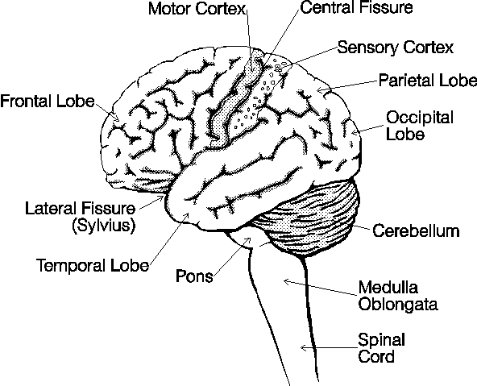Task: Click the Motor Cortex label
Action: point(197,9)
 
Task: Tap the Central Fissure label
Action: point(356,7)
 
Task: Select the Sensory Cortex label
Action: point(396,48)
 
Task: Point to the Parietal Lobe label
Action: point(428,81)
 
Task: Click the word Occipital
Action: point(420,118)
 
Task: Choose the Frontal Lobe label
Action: point(48,101)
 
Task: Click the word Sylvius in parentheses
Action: point(104,226)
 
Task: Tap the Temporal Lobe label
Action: point(93,265)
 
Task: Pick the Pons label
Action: point(194,276)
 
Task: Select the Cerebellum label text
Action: point(416,230)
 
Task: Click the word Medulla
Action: point(388,288)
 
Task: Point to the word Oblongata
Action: point(398,304)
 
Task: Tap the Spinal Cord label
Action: point(381,348)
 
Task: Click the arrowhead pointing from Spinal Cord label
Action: point(303,347)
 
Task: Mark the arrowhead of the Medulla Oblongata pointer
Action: point(287,282)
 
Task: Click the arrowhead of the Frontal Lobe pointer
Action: point(116,117)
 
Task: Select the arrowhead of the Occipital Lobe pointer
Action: point(355,132)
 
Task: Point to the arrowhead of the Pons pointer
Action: point(248,240)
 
